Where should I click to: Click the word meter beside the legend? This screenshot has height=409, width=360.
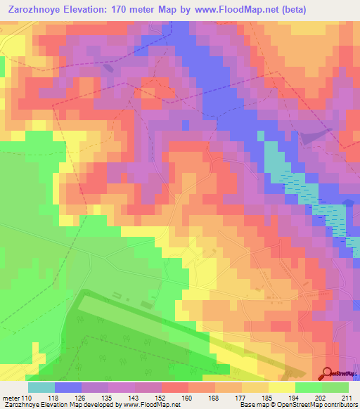[x=11, y=397]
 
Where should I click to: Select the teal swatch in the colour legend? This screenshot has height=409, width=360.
[x=41, y=387]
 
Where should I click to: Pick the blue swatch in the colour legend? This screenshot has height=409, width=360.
[x=68, y=387]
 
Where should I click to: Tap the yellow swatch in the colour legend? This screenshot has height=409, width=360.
[x=281, y=387]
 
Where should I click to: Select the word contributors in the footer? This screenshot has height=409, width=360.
[x=340, y=405]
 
